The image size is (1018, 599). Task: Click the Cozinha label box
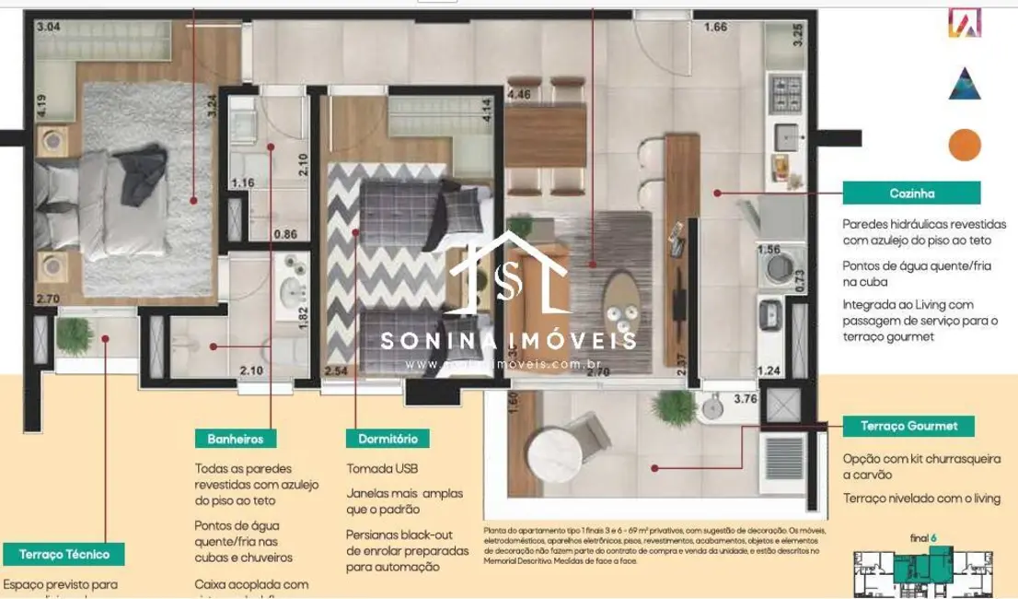click(913, 194)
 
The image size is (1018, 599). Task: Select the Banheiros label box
click(235, 440)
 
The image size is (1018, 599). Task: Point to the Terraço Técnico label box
click(64, 554)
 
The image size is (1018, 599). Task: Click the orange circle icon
click(965, 145)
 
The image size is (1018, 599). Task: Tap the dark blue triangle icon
click(965, 83)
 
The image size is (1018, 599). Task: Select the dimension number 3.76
click(745, 399)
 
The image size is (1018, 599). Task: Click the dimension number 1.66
click(716, 27)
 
